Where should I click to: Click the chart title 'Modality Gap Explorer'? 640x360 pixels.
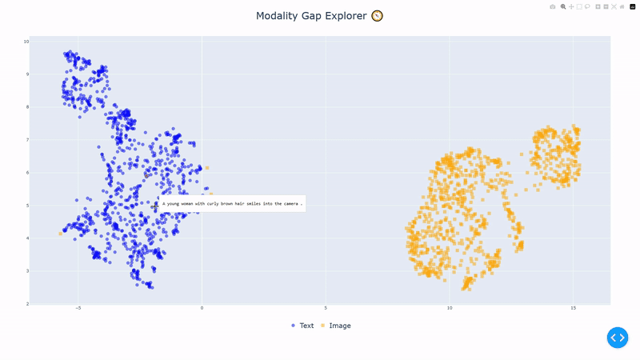pos(311,16)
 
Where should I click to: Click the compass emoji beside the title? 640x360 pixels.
pos(378,16)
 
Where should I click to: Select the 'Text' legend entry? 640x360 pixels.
pos(302,326)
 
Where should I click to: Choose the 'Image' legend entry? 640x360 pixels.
pos(335,326)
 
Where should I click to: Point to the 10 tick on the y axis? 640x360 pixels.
pos(26,42)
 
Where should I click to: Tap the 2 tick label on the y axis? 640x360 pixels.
pos(26,304)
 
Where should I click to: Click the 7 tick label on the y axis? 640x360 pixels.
pos(26,140)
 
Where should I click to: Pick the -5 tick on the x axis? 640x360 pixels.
pos(78,308)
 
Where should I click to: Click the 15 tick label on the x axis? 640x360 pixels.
pos(573,308)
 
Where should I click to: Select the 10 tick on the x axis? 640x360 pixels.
pos(450,308)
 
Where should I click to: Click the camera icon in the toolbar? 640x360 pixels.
pos(552,6)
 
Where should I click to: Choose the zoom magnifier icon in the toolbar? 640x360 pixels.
pos(563,6)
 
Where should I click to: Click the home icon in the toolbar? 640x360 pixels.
pos(622,6)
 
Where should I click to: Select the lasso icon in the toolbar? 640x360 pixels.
pos(587,6)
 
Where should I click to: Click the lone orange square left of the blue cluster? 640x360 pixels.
pos(61,234)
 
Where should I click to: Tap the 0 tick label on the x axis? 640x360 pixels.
pos(202,308)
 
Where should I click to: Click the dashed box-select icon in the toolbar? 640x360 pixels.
pos(579,6)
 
